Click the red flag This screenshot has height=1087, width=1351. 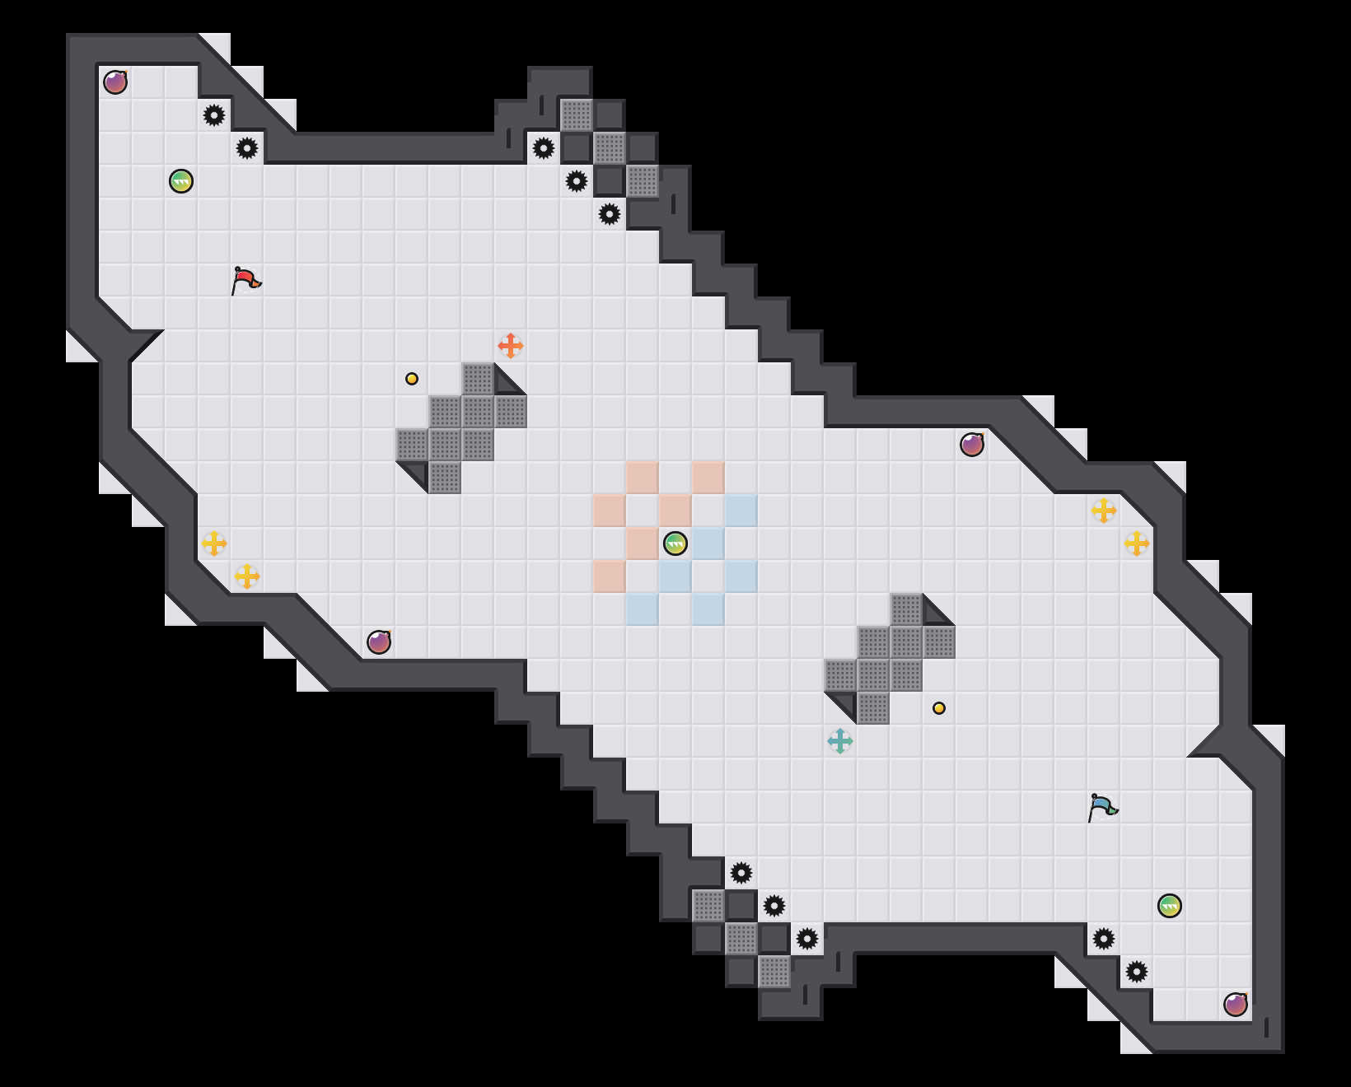click(x=245, y=280)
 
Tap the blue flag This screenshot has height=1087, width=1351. click(x=1102, y=807)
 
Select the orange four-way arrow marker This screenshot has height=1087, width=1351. click(x=511, y=346)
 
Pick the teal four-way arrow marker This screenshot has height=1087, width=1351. click(x=840, y=741)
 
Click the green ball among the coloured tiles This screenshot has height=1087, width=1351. click(x=675, y=543)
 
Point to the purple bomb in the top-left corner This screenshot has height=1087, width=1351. click(x=115, y=82)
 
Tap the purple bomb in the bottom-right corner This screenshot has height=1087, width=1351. click(x=1236, y=1005)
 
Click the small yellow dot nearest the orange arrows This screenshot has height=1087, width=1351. click(x=412, y=379)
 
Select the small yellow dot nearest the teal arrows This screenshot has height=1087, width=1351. click(x=939, y=708)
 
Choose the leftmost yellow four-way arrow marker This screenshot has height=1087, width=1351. click(x=214, y=543)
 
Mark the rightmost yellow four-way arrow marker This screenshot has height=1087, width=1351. click(x=1137, y=543)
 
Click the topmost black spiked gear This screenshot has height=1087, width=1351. click(x=214, y=115)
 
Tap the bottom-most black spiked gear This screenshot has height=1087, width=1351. click(x=1137, y=972)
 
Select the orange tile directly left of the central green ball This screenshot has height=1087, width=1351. click(x=643, y=543)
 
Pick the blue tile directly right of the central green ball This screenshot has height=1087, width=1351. click(x=708, y=543)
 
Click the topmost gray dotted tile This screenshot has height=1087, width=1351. click(x=577, y=115)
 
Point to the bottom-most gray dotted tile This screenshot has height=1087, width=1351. click(x=774, y=972)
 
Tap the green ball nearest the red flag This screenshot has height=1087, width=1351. click(x=181, y=181)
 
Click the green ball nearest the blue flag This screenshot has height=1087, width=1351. click(x=1170, y=906)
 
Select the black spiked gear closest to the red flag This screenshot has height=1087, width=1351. click(x=247, y=148)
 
